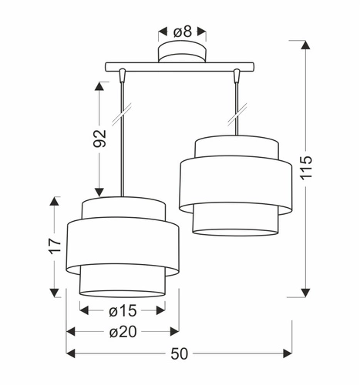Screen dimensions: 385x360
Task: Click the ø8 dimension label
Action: click(x=182, y=32)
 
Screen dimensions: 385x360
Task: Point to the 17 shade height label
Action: click(x=53, y=246)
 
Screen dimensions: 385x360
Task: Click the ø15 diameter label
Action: click(x=123, y=311)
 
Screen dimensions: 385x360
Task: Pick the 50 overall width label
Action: click(x=180, y=353)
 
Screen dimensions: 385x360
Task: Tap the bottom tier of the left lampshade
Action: click(x=123, y=281)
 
